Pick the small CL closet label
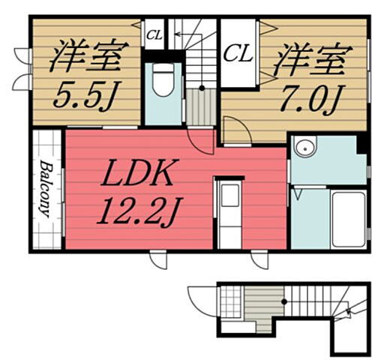tap(154, 34)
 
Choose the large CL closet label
tap(238, 53)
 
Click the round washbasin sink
tap(303, 148)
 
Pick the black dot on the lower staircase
tap(284, 301)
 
